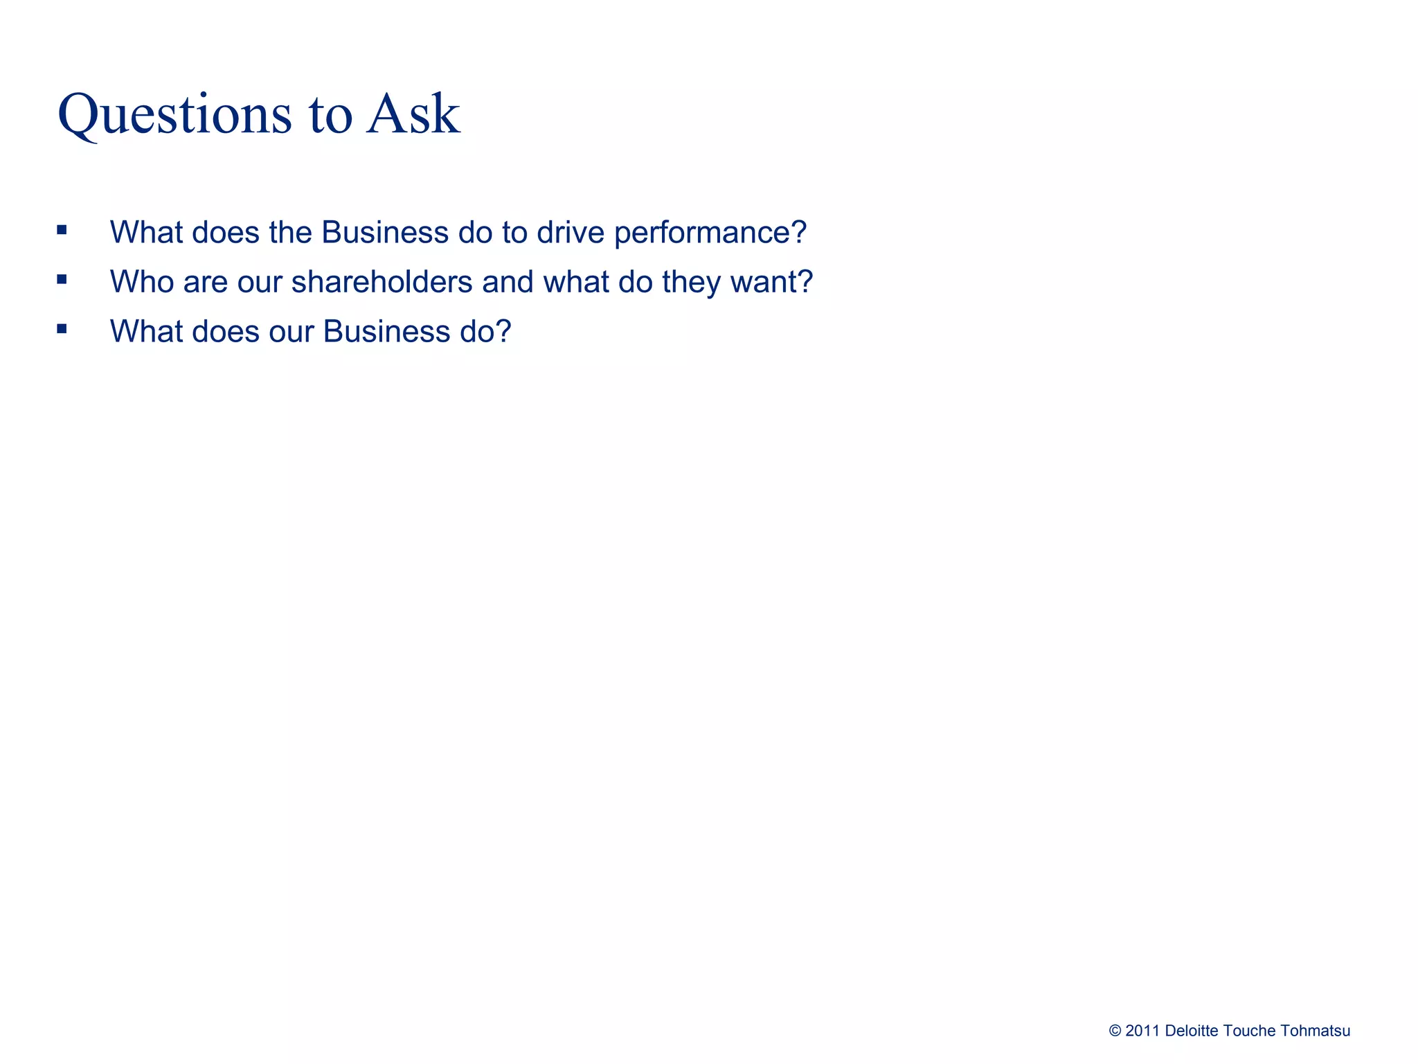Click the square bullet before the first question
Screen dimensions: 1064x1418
click(62, 230)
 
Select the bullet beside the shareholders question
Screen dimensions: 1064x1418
click(62, 279)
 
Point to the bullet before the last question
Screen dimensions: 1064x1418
click(62, 329)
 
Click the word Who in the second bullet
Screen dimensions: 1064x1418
click(142, 282)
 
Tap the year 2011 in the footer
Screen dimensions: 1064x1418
click(1142, 1031)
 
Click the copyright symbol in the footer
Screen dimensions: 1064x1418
click(1115, 1031)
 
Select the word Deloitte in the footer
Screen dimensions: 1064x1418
click(1192, 1031)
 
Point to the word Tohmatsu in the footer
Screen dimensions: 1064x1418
click(1315, 1031)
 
